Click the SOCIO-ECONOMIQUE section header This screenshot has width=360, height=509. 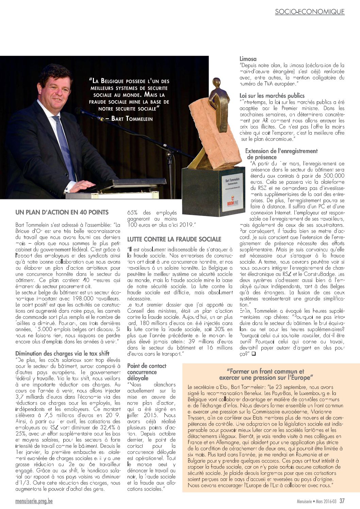click(x=310, y=12)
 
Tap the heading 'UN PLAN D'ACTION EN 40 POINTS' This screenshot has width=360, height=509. click(x=62, y=212)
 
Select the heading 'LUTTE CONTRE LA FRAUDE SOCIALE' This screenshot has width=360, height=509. click(x=174, y=239)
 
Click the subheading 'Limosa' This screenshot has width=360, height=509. click(x=248, y=59)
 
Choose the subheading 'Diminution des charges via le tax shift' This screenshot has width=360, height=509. click(x=62, y=354)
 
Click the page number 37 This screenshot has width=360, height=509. click(x=342, y=501)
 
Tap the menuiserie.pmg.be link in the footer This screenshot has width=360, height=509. click(x=34, y=501)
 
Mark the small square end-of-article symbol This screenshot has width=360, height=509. click(x=253, y=354)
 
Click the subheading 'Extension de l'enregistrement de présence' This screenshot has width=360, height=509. click(x=281, y=154)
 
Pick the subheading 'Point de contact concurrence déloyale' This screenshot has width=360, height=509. click(x=146, y=372)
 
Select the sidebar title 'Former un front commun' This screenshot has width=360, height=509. click(x=265, y=374)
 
